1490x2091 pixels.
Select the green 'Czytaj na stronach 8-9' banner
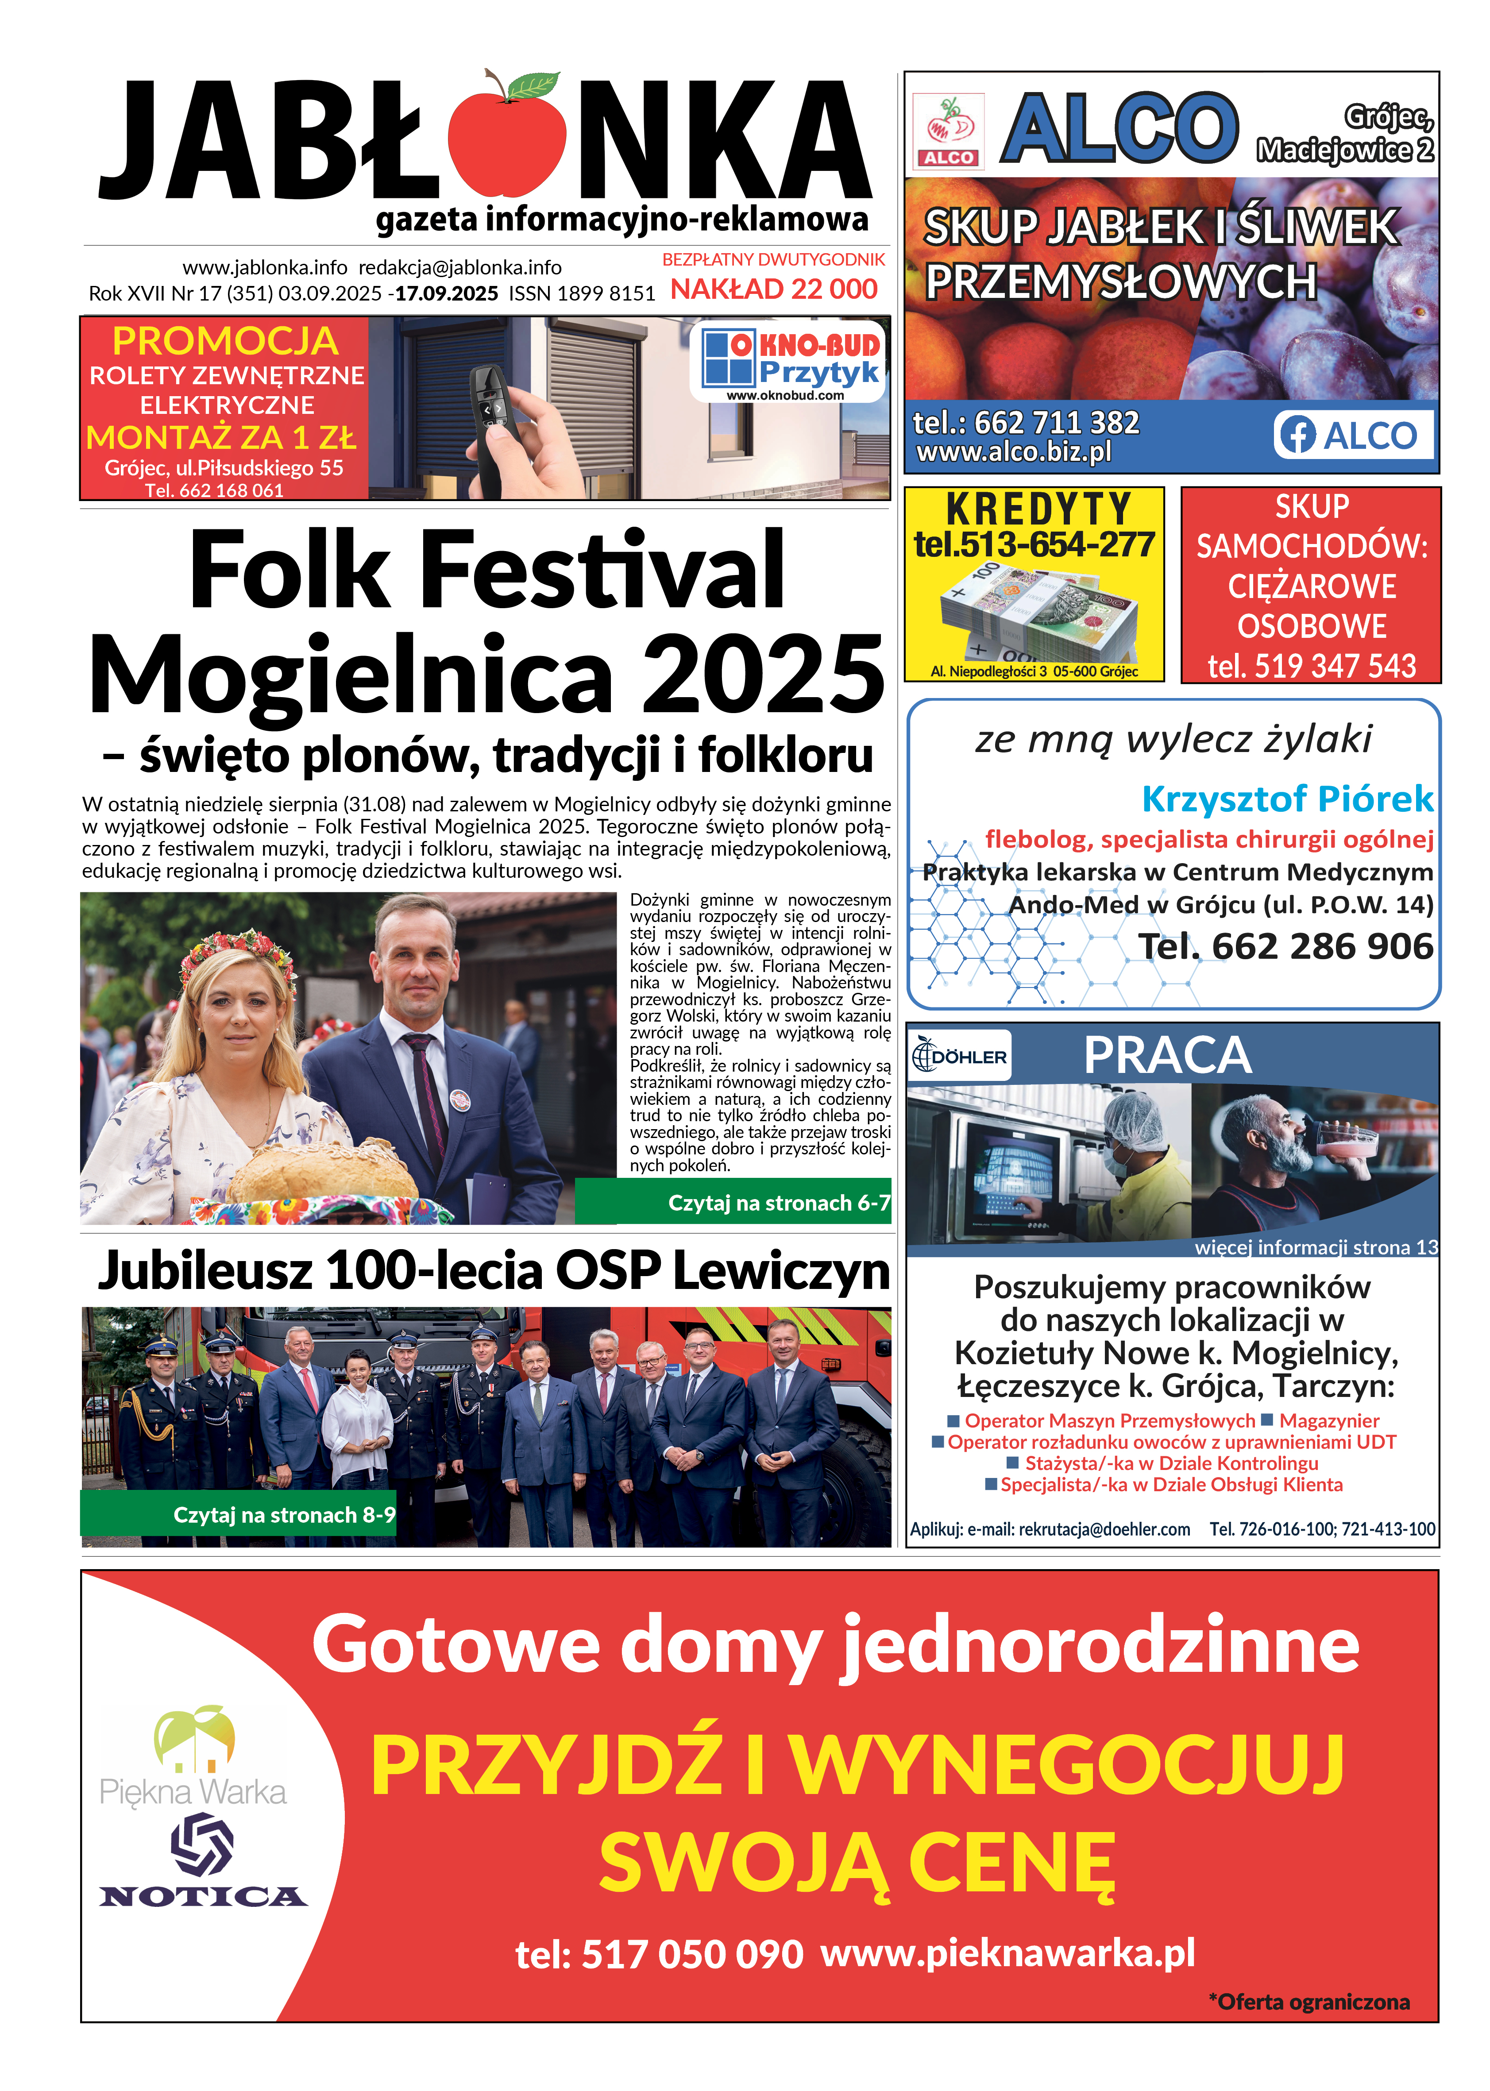pyautogui.click(x=239, y=1515)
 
